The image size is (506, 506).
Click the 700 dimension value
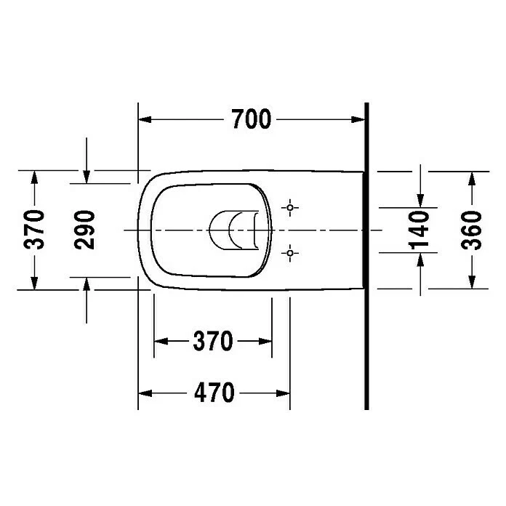tap(252, 119)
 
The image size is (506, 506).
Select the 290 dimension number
tap(84, 230)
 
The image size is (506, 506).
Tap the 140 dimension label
tap(419, 230)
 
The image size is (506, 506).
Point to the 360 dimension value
tap(471, 230)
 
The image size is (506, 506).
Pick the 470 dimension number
tap(214, 393)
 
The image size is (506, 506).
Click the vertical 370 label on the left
tap(34, 230)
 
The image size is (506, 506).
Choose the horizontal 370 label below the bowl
tap(213, 341)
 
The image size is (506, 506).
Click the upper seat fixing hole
tap(290, 207)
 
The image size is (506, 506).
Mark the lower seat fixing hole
tap(290, 253)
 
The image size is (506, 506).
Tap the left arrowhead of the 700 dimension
tap(145, 119)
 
